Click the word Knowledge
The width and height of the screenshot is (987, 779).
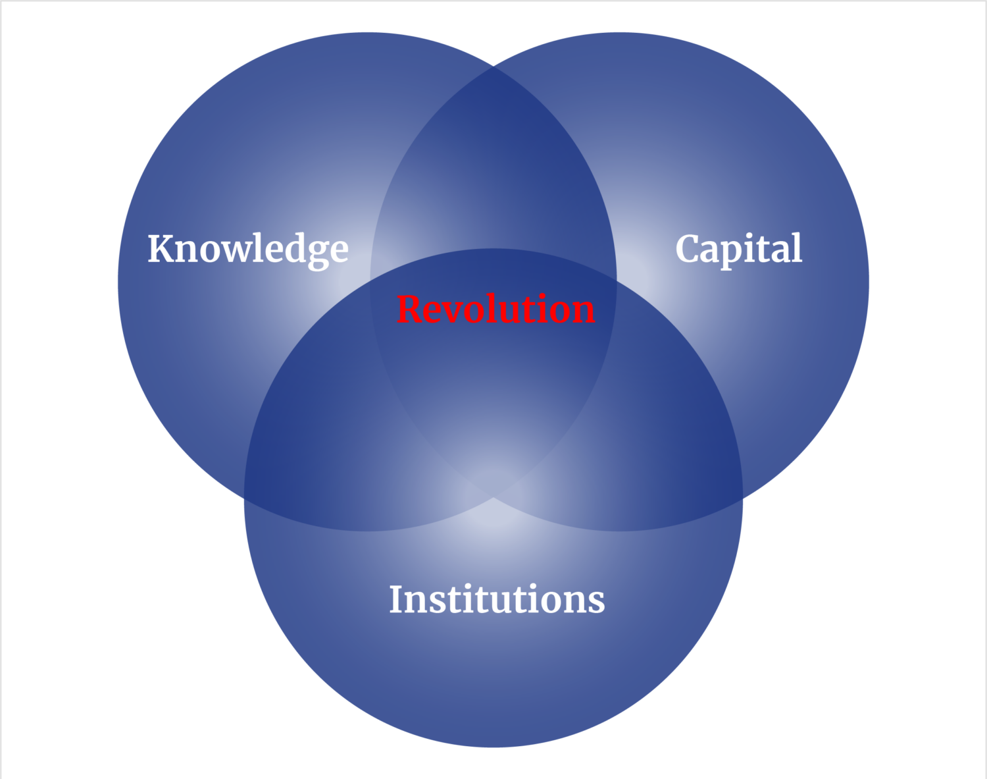(x=247, y=249)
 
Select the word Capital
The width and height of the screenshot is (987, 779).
(x=738, y=249)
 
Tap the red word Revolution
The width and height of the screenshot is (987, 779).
(x=495, y=309)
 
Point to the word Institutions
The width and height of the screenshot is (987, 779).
(x=497, y=599)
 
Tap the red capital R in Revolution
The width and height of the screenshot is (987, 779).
(x=410, y=309)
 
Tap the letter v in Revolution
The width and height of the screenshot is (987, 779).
(x=459, y=311)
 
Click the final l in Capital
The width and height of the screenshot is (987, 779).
(x=797, y=248)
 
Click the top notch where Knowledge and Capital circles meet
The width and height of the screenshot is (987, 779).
(x=493, y=65)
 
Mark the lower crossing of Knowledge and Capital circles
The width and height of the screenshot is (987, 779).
(x=493, y=498)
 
